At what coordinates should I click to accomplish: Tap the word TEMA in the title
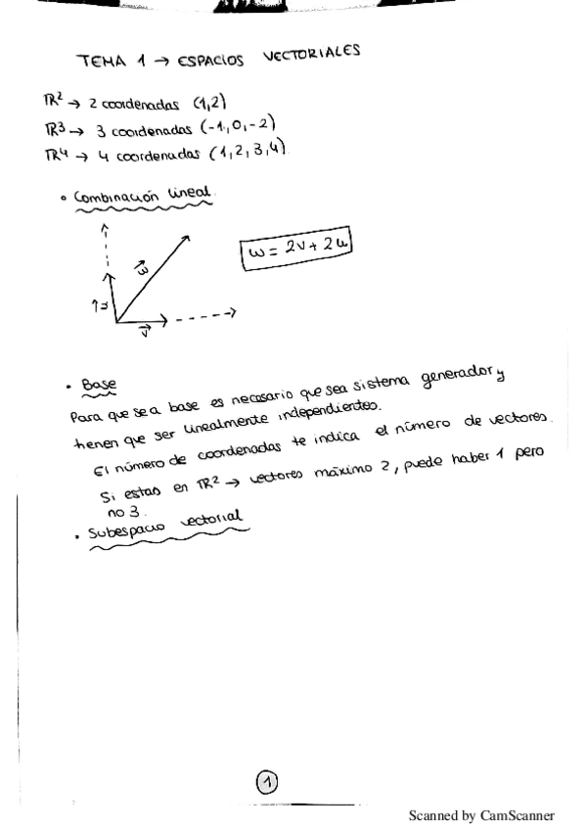pyautogui.click(x=101, y=62)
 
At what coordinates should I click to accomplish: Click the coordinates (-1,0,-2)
pyautogui.click(x=235, y=123)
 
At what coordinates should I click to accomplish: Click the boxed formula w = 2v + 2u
pyautogui.click(x=294, y=252)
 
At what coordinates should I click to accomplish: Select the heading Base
pyautogui.click(x=99, y=386)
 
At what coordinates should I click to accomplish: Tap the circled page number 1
pyautogui.click(x=267, y=781)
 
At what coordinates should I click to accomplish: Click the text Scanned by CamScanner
pyautogui.click(x=480, y=815)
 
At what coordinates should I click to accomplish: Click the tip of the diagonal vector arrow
pyautogui.click(x=190, y=233)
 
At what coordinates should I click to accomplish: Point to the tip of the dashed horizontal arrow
pyautogui.click(x=236, y=313)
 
